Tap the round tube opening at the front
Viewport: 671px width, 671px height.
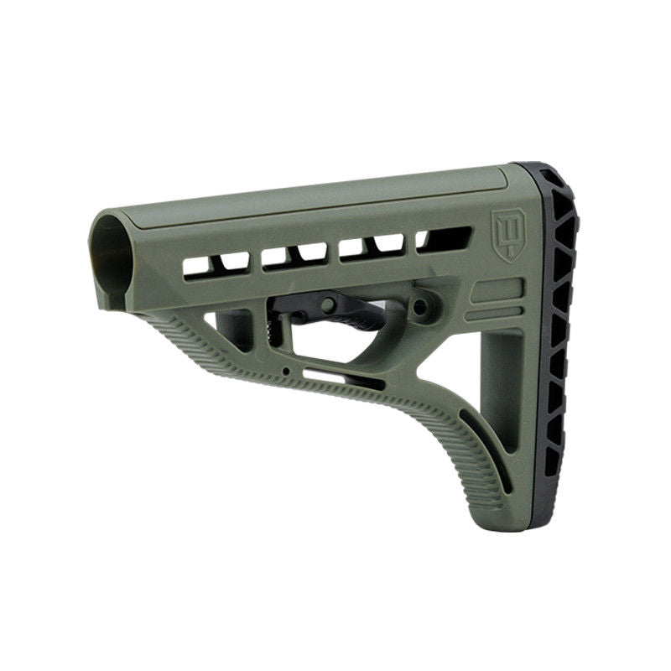[x=111, y=257]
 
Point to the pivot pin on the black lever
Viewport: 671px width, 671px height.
[x=328, y=304]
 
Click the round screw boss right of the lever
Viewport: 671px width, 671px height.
[x=422, y=306]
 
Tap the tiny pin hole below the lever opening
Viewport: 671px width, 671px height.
[x=287, y=369]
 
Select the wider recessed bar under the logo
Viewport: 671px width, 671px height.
[x=496, y=292]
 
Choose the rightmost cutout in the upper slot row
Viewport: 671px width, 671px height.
[x=444, y=240]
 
